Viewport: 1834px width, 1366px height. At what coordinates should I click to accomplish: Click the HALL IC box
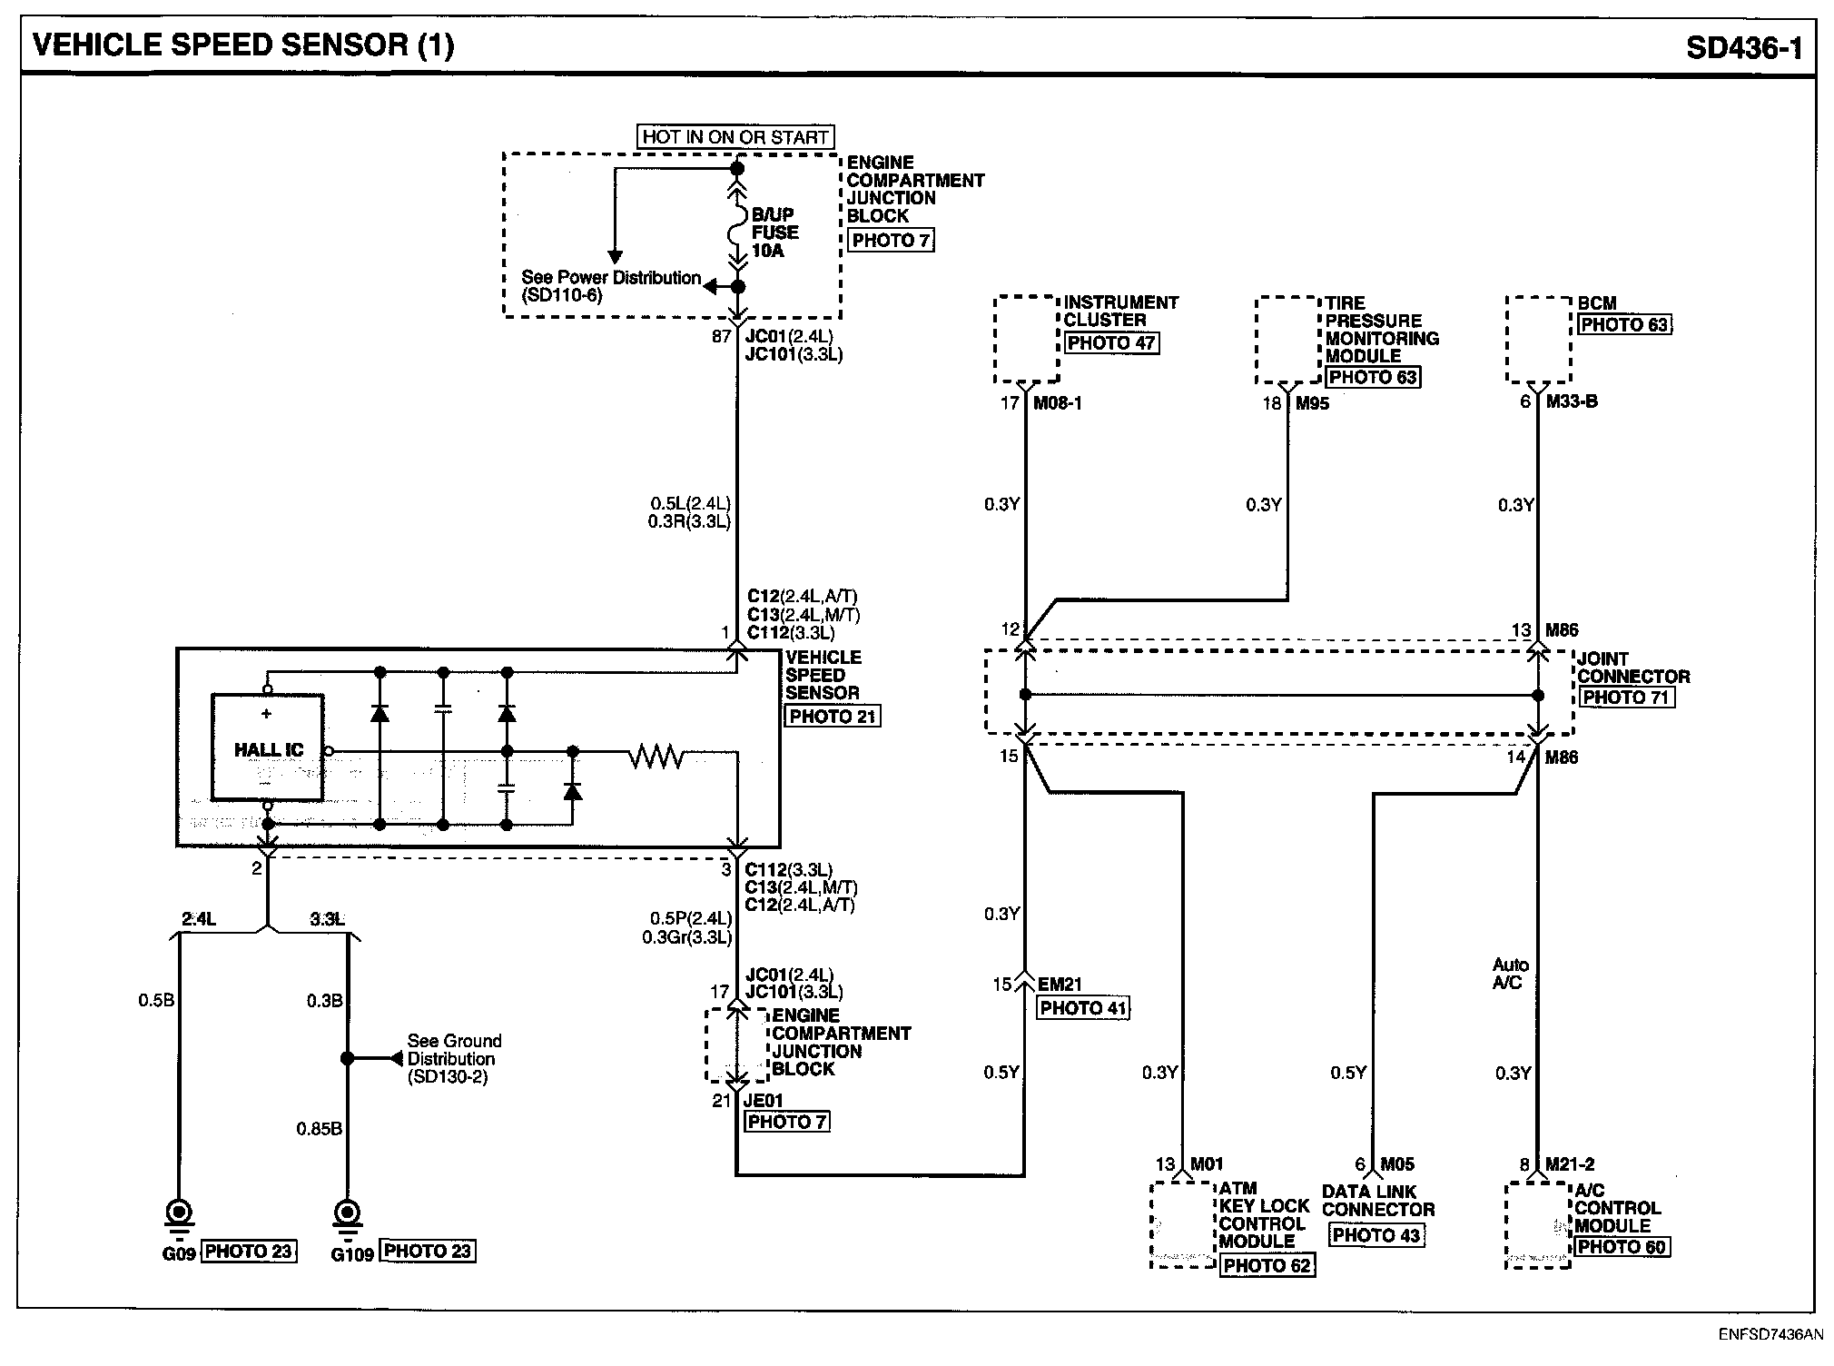click(x=267, y=747)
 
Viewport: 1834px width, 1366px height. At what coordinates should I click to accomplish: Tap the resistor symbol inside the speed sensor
click(x=656, y=755)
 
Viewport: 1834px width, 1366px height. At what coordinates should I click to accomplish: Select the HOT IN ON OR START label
click(x=735, y=137)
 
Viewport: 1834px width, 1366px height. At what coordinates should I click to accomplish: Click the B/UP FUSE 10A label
click(x=774, y=233)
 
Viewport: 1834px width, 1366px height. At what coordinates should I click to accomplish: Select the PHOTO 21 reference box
click(x=832, y=716)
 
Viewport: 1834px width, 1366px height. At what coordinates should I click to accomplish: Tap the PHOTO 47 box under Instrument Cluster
click(x=1111, y=343)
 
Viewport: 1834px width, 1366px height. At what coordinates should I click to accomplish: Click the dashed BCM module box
click(x=1538, y=339)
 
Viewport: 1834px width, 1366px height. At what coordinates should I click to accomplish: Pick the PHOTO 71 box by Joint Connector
click(x=1626, y=698)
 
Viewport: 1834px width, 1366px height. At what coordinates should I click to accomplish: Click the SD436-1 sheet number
click(x=1743, y=47)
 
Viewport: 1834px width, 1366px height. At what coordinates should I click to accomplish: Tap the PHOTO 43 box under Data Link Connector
click(x=1375, y=1235)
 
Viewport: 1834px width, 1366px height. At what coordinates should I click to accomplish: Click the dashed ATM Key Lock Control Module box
click(x=1182, y=1224)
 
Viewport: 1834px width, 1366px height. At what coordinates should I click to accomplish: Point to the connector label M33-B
click(x=1572, y=401)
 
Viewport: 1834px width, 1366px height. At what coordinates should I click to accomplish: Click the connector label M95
click(x=1312, y=403)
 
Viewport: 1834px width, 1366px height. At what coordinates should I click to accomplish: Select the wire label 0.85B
click(x=319, y=1129)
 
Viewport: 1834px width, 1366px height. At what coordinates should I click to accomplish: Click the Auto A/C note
click(x=1509, y=974)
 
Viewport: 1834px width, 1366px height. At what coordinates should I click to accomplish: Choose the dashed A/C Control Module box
click(x=1537, y=1224)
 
